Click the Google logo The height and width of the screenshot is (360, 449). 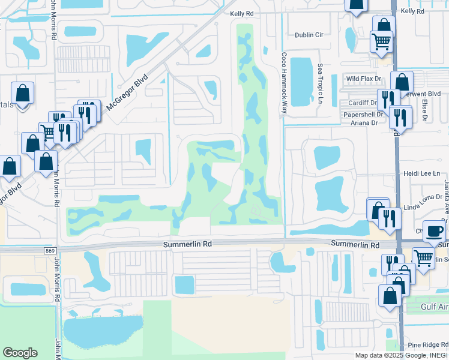pyautogui.click(x=20, y=353)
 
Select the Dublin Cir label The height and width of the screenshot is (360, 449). pyautogui.click(x=309, y=35)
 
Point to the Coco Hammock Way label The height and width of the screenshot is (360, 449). pyautogui.click(x=284, y=82)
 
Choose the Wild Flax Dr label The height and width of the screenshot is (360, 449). pyautogui.click(x=364, y=79)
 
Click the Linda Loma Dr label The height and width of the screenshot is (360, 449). pyautogui.click(x=418, y=208)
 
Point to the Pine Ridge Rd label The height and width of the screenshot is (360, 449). pyautogui.click(x=427, y=344)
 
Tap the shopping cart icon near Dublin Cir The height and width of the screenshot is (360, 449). pyautogui.click(x=382, y=42)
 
